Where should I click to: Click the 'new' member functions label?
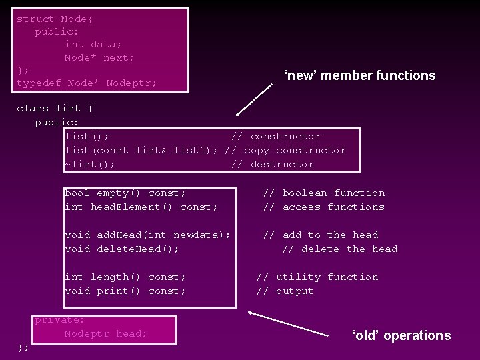(359, 75)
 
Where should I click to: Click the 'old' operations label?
(401, 335)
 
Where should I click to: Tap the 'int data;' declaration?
(93, 45)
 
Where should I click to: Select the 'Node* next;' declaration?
(99, 58)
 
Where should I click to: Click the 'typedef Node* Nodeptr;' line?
(87, 83)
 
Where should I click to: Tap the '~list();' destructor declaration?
(89, 164)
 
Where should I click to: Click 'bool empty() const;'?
(125, 193)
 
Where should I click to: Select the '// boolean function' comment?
(324, 193)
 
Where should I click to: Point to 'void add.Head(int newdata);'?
(147, 235)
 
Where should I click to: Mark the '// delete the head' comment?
(340, 249)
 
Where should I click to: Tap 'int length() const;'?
(125, 277)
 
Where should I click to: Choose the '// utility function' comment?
(317, 277)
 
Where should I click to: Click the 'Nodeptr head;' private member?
(106, 333)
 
